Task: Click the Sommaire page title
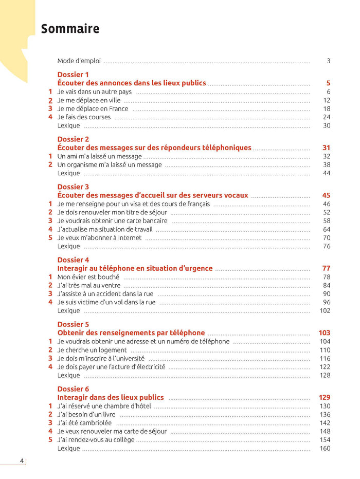click(x=70, y=29)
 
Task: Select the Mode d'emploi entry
click(x=79, y=61)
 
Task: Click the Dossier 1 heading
click(x=73, y=75)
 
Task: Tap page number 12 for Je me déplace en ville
click(x=327, y=100)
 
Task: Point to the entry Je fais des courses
click(x=84, y=117)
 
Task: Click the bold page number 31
click(x=326, y=148)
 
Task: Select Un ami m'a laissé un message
click(x=99, y=156)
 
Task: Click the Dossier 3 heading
click(x=73, y=187)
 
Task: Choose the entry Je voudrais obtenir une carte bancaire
click(x=112, y=221)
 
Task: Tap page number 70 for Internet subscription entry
click(x=327, y=238)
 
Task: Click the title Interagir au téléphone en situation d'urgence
click(x=135, y=268)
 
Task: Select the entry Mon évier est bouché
click(x=88, y=277)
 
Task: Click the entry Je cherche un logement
click(x=92, y=350)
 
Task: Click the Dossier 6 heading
click(x=73, y=389)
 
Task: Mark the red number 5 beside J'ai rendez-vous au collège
click(x=50, y=439)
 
